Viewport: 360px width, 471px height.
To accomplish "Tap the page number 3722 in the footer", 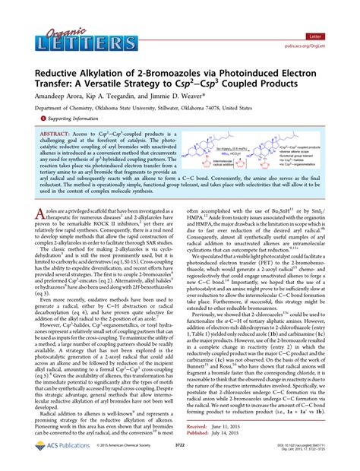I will point(179,461).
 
